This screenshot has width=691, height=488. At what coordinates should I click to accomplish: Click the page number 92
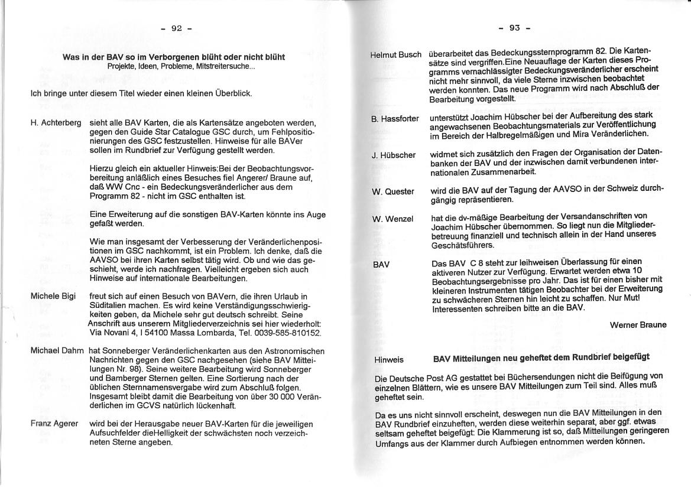(x=176, y=28)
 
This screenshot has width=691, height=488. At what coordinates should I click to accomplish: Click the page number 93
(x=514, y=27)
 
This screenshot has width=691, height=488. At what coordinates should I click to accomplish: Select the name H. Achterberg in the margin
(x=56, y=123)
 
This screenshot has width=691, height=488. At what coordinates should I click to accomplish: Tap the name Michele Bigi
(x=53, y=296)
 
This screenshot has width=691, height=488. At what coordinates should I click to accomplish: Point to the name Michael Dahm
(x=57, y=351)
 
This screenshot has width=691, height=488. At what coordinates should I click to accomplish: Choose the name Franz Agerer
(x=54, y=424)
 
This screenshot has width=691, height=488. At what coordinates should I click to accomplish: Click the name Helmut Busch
(x=395, y=55)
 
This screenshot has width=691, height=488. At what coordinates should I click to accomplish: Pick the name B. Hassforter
(x=395, y=119)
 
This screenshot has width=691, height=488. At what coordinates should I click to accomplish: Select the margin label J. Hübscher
(x=393, y=155)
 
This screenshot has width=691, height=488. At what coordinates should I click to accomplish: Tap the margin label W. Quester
(x=392, y=191)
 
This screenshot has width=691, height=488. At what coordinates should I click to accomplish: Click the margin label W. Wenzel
(x=392, y=219)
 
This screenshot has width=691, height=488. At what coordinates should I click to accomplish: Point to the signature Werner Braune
(x=638, y=325)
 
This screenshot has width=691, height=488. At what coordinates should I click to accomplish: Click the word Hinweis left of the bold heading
(x=389, y=359)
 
